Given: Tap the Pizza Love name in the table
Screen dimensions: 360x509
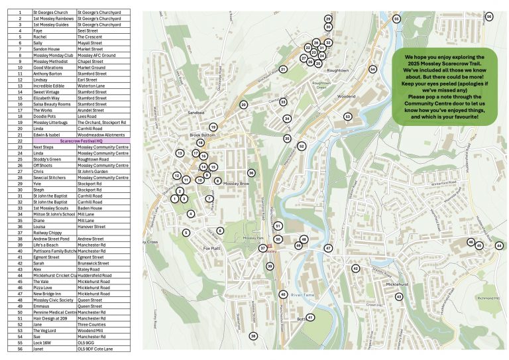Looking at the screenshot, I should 42,287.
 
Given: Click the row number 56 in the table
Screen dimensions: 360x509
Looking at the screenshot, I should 21,348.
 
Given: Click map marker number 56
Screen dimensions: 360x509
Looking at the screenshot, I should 489,16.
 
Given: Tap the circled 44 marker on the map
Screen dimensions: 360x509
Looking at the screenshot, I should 499,245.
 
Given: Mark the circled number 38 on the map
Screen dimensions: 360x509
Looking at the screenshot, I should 253,336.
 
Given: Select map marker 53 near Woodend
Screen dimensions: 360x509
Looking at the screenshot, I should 347,117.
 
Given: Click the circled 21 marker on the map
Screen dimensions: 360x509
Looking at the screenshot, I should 283,69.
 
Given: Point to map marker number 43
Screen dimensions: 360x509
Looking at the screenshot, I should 399,297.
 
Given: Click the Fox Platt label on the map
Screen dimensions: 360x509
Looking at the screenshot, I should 211,249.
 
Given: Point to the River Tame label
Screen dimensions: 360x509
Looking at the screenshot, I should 302,294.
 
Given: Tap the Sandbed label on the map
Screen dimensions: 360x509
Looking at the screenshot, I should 196,113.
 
